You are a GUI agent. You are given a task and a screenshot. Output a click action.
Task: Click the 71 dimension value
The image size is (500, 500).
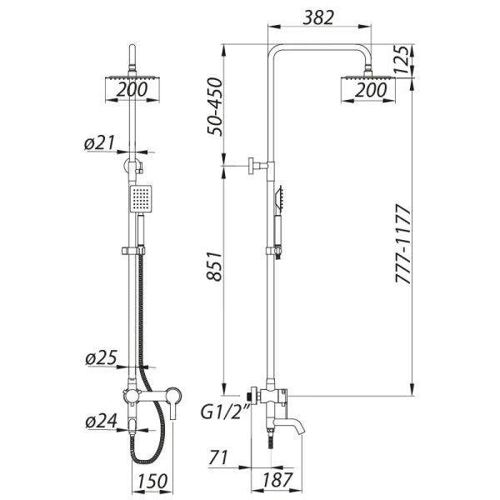219,457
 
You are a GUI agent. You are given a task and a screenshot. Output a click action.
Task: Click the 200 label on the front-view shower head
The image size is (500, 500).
133,90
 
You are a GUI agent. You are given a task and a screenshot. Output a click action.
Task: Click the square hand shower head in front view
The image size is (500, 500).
141,197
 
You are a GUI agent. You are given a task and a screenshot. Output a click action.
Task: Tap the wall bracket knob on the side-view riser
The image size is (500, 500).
252,167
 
